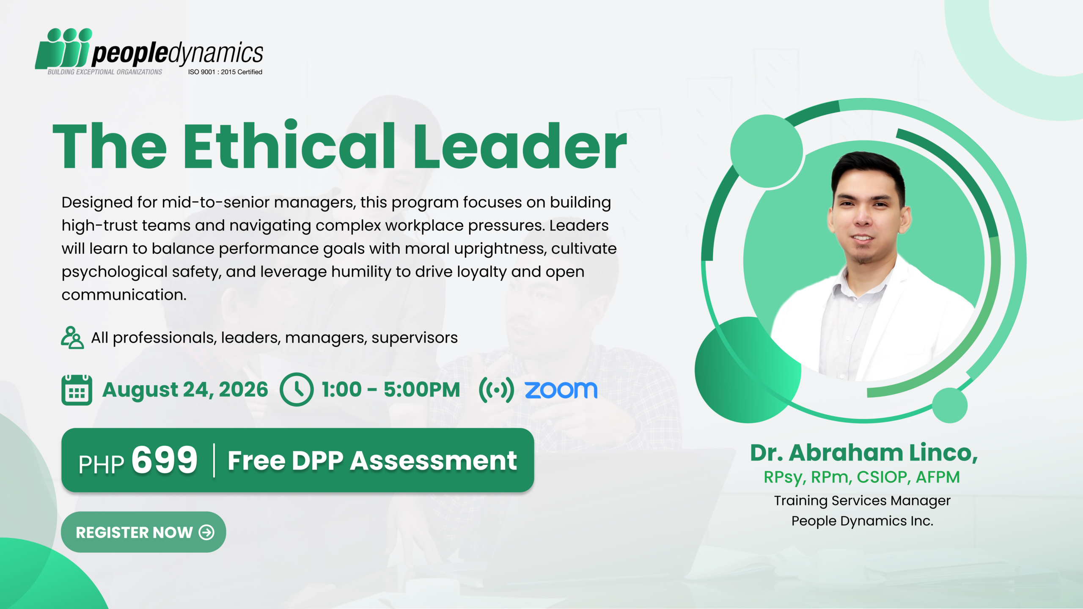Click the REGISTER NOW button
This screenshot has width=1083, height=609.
(143, 532)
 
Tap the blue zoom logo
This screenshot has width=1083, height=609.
(561, 390)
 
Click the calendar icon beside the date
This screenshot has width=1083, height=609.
(77, 390)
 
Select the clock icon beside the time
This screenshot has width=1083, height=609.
(297, 390)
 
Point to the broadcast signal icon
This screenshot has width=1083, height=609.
(496, 390)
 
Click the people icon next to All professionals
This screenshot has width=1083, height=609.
(72, 337)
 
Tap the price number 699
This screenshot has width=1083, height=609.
(165, 460)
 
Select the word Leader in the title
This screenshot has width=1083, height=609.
(520, 146)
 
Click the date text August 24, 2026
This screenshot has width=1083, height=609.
(185, 390)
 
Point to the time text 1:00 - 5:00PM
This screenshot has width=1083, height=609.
(391, 390)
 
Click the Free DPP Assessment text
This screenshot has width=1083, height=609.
(372, 460)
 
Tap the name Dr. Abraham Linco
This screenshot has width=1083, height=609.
(864, 453)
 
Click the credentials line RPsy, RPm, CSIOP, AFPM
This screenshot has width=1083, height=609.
(862, 477)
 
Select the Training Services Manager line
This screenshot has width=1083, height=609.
(862, 501)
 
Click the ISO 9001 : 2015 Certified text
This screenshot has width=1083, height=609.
(225, 72)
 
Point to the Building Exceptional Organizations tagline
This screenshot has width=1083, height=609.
(105, 72)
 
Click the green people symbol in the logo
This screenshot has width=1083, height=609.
(63, 48)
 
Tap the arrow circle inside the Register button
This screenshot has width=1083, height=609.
(206, 532)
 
